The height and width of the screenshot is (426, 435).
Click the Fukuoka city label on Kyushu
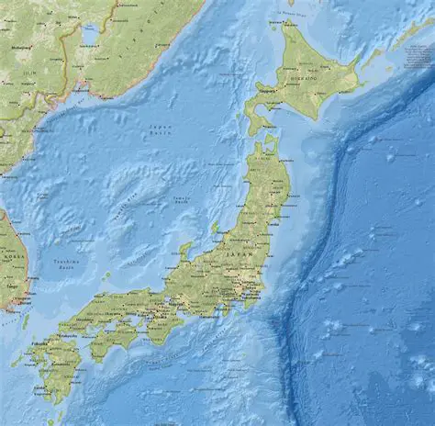(43, 342)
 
